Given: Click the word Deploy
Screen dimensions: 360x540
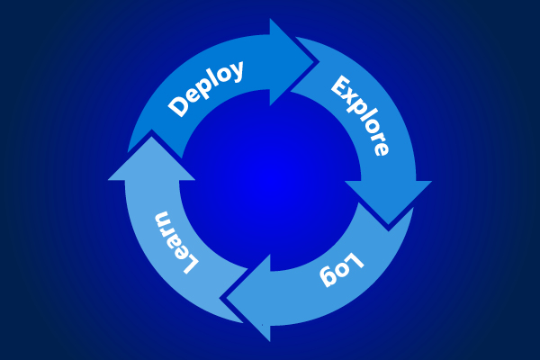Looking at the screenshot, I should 206,88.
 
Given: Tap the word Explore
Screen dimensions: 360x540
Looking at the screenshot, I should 361,116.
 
